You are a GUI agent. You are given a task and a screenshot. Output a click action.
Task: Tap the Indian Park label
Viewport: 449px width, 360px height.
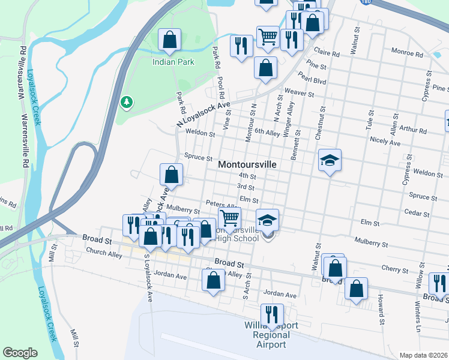173,62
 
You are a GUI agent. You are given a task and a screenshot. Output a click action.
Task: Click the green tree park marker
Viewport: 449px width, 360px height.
127,103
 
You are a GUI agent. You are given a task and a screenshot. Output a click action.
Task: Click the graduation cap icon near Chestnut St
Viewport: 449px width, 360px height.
330,160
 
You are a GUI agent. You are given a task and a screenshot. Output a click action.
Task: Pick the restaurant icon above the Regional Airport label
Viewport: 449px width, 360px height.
272,314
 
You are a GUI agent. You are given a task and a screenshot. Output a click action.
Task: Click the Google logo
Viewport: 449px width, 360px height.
20,353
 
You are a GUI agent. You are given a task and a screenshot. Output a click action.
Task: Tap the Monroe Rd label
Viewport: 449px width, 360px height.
408,53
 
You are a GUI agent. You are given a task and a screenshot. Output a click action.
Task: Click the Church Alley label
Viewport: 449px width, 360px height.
104,254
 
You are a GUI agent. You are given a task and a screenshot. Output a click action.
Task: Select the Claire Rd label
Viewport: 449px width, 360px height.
327,53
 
